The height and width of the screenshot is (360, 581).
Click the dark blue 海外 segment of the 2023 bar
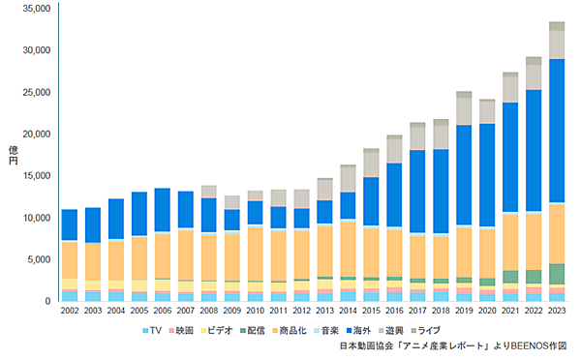(558, 131)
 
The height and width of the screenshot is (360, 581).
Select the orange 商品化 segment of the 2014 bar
(347, 249)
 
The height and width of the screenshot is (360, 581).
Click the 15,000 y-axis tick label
(36, 175)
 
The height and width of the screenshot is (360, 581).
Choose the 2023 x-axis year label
(558, 312)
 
